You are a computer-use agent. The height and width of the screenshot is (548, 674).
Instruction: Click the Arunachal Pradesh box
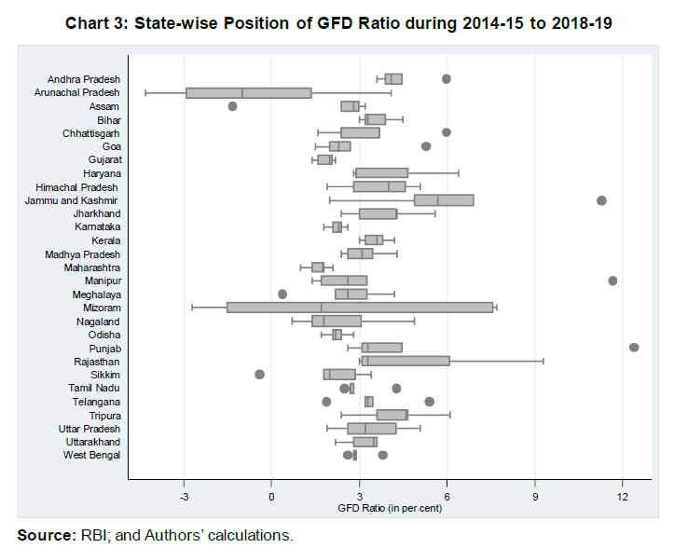(x=248, y=92)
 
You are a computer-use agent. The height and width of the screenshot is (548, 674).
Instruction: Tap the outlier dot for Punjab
(x=634, y=348)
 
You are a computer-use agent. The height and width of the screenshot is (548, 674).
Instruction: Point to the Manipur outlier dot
(x=612, y=281)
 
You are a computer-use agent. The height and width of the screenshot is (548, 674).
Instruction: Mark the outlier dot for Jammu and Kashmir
(x=601, y=200)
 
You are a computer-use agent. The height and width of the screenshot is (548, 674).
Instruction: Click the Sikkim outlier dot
(x=260, y=375)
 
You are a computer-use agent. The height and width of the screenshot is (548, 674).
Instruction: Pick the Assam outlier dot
(x=232, y=106)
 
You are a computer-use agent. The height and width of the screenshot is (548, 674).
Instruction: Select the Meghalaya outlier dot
(x=282, y=295)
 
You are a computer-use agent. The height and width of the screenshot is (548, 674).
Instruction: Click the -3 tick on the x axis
(x=184, y=495)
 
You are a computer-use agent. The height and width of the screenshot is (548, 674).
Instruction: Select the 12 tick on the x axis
(x=623, y=495)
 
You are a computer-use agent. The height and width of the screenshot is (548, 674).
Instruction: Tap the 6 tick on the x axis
(x=447, y=495)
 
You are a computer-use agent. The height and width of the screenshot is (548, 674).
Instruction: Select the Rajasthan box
(x=405, y=361)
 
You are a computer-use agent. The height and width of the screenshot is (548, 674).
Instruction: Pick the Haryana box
(x=381, y=172)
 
